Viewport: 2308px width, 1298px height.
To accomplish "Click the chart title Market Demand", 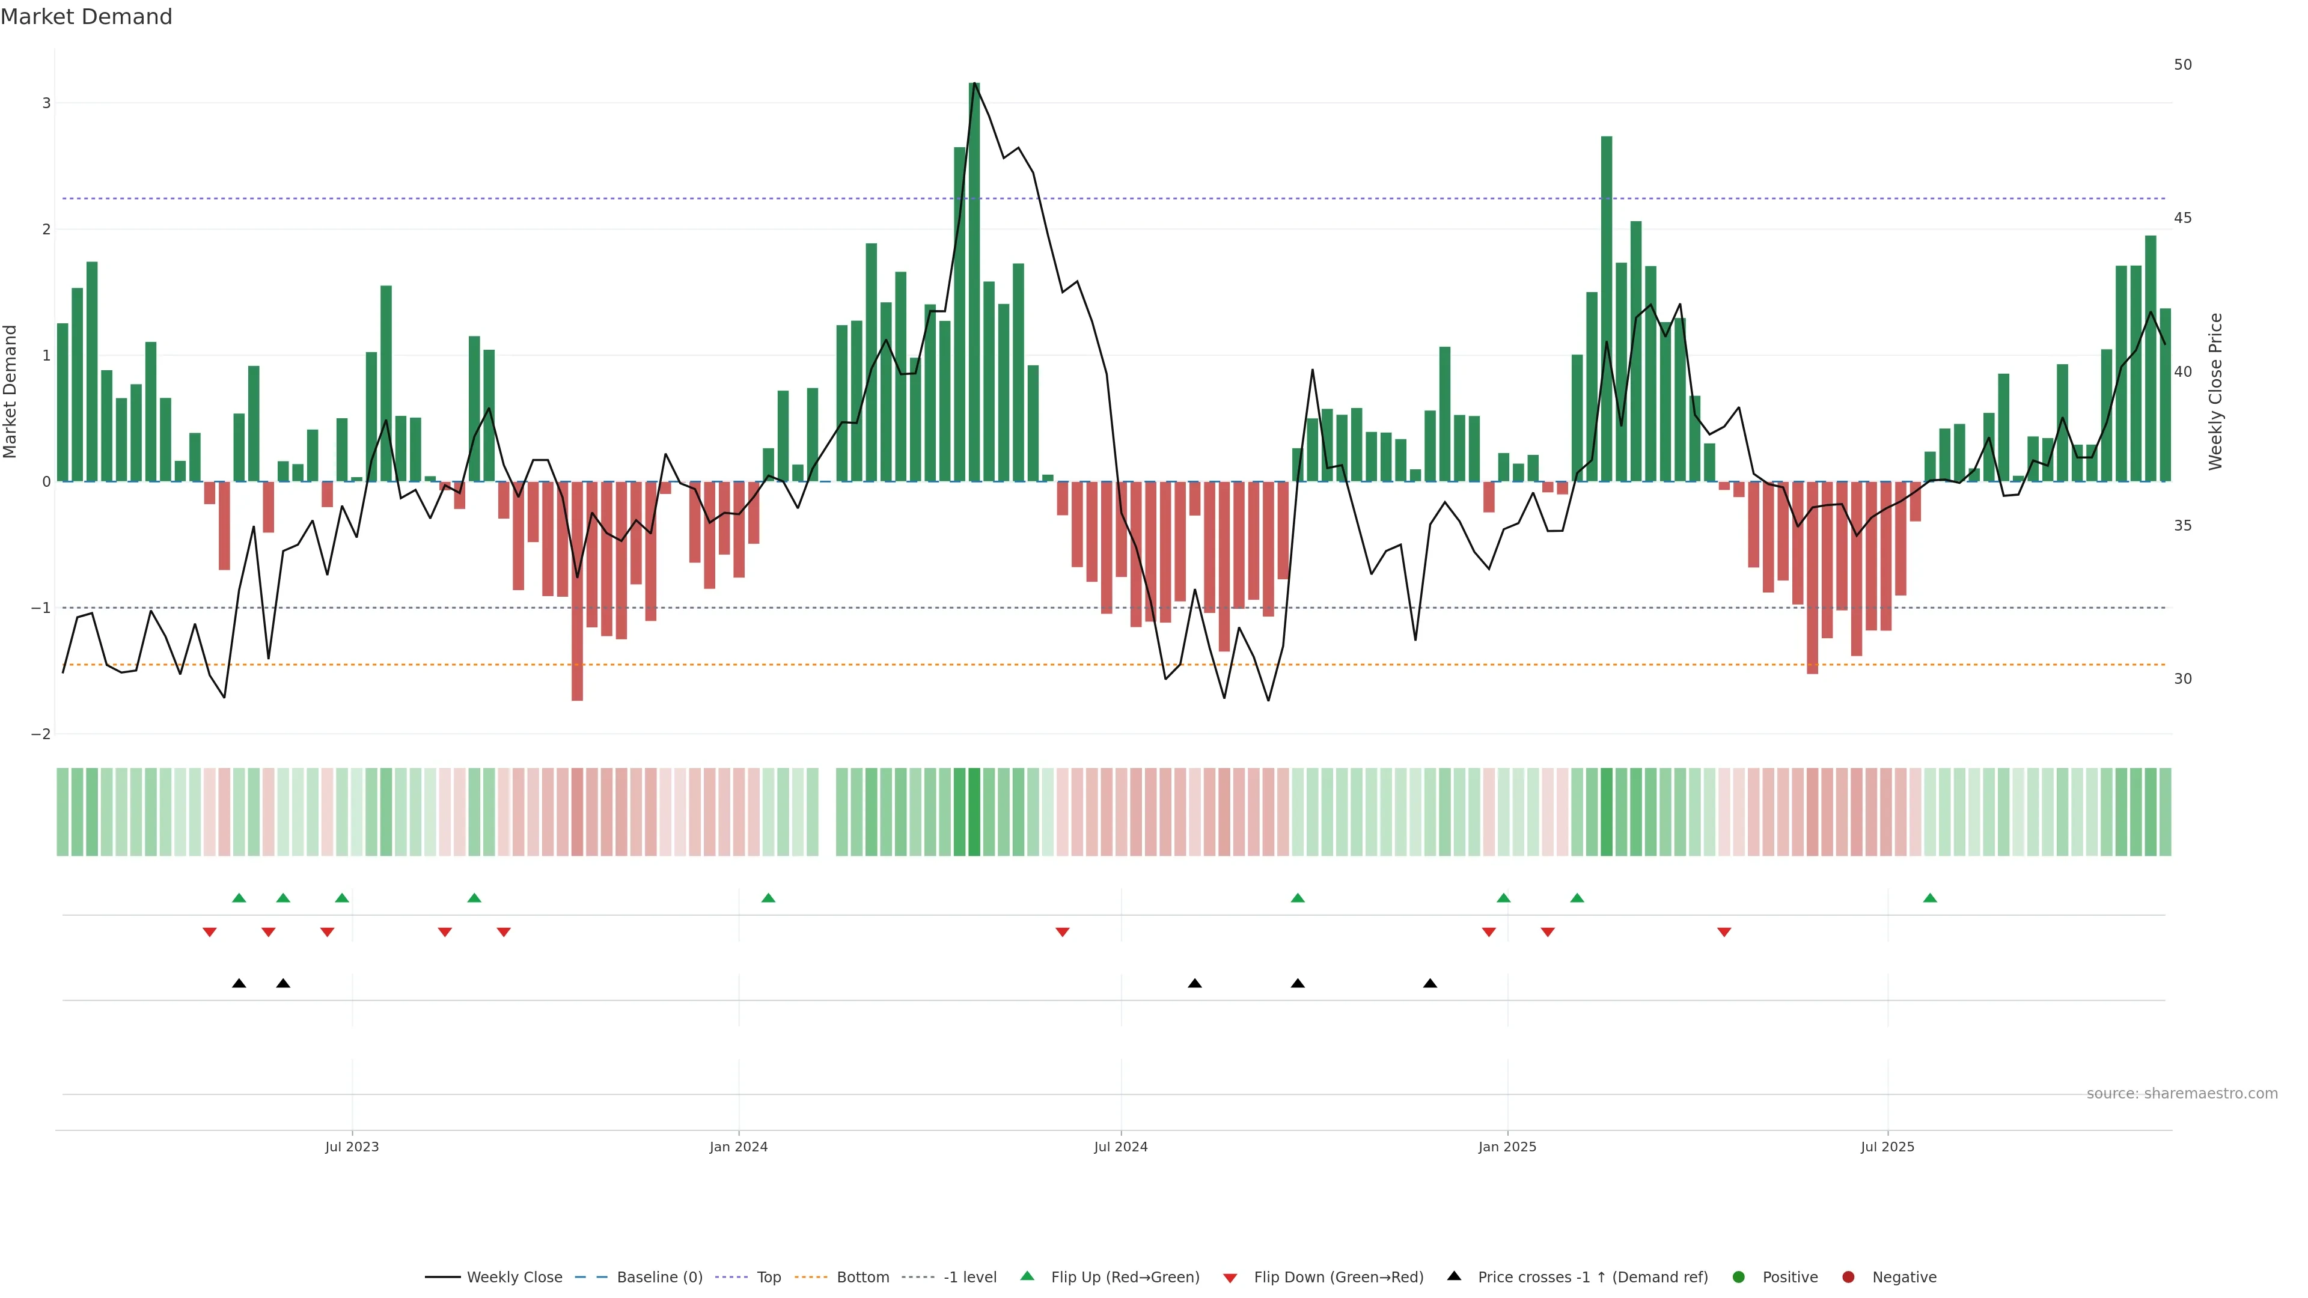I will (x=86, y=17).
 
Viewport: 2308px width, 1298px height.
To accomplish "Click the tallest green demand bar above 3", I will (x=974, y=282).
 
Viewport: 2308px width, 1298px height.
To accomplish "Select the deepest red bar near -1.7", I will (x=577, y=591).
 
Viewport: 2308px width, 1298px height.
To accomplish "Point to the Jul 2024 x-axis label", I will (x=1120, y=1147).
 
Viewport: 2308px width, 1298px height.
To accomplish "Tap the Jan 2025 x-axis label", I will (x=1507, y=1147).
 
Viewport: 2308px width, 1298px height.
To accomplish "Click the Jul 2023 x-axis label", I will (x=352, y=1147).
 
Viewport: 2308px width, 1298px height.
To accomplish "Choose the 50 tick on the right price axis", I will (x=2182, y=64).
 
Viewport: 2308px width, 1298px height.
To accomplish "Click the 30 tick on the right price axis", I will (x=2182, y=679).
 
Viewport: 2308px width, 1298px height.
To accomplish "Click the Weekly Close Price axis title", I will (x=2215, y=391).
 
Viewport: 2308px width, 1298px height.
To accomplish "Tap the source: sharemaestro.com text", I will (x=2182, y=1094).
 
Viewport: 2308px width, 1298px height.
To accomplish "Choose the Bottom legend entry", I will (x=862, y=1278).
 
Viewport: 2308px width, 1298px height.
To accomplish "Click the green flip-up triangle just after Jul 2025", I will (x=1930, y=898).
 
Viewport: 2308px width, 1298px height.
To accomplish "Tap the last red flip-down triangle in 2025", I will (x=1724, y=933).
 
